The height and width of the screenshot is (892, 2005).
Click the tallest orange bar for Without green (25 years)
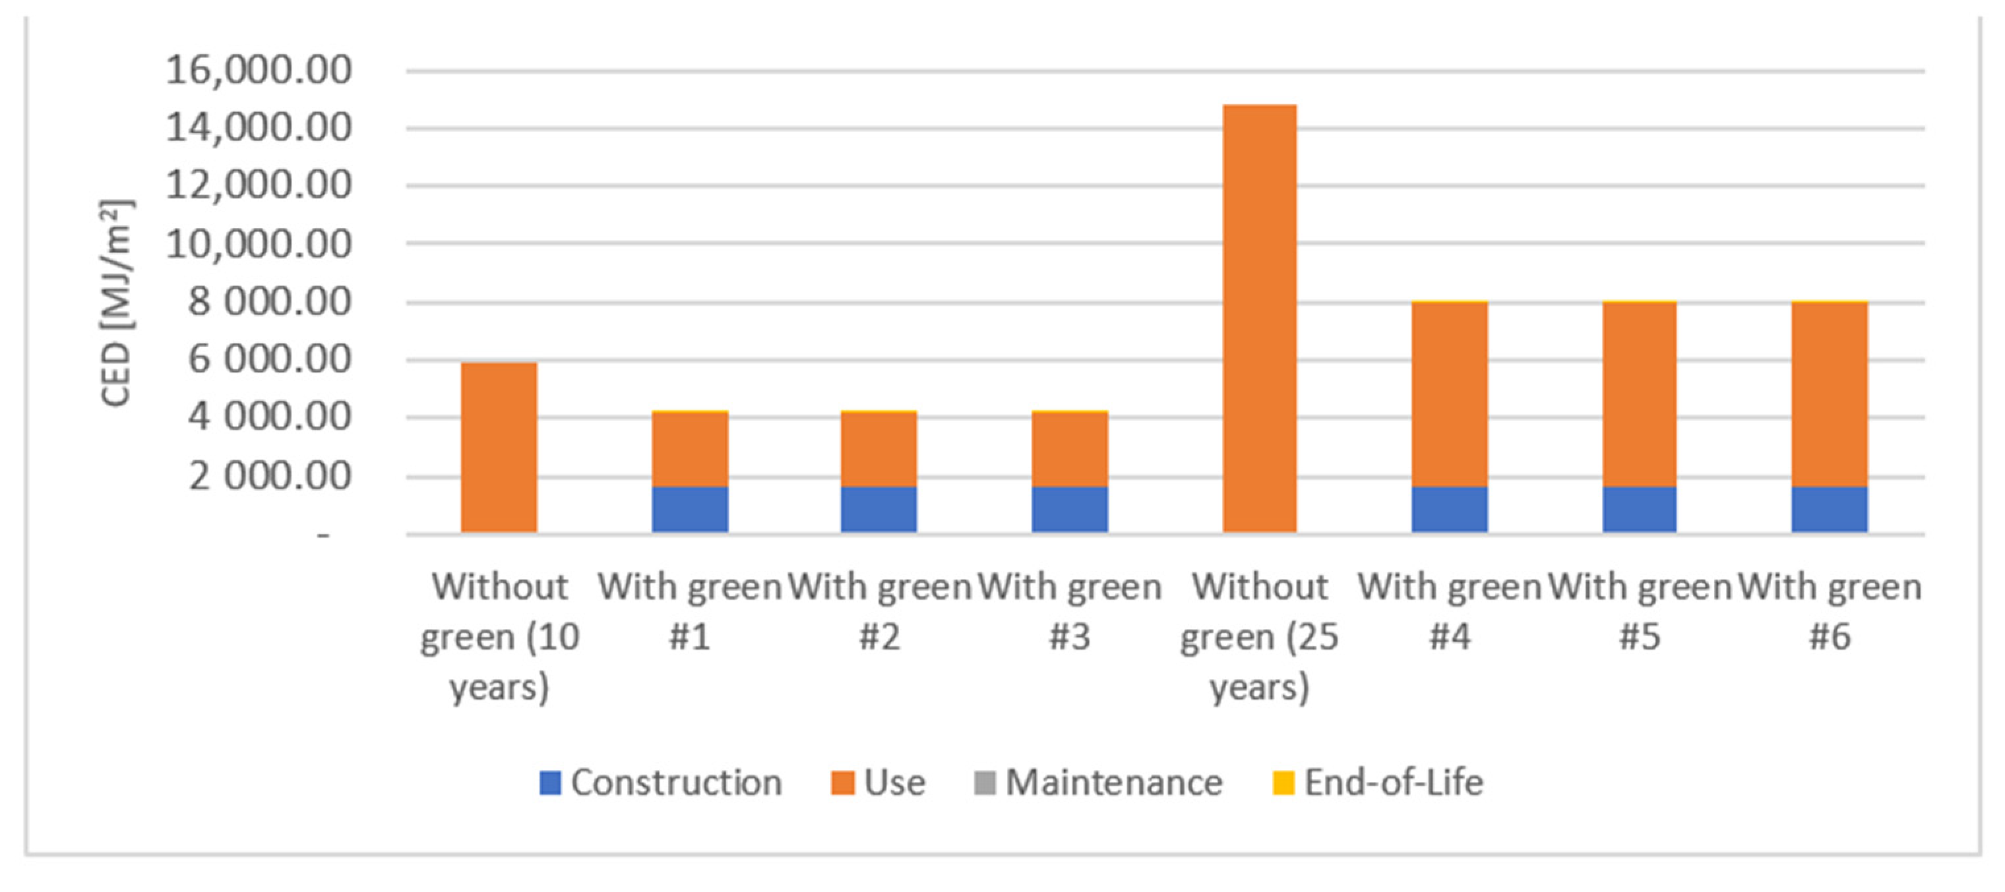tap(1259, 319)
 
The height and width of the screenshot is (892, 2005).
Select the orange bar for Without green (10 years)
tap(499, 448)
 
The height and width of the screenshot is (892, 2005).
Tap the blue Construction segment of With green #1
tap(690, 510)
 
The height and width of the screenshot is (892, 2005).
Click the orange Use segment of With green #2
tap(879, 449)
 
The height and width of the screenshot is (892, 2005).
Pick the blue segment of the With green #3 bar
tap(1069, 510)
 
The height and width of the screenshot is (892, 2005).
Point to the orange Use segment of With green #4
tap(1449, 395)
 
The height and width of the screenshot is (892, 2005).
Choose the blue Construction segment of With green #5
tap(1639, 510)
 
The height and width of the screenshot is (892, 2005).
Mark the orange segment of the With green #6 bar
tap(1829, 395)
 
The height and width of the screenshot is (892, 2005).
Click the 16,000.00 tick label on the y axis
tap(259, 70)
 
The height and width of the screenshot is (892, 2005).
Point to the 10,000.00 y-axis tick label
tap(259, 245)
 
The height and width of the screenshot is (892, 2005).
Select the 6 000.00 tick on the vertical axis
tap(269, 359)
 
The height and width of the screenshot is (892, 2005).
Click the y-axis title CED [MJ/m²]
tap(117, 303)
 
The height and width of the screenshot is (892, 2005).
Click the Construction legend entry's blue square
tap(550, 783)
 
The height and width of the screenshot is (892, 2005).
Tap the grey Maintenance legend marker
tap(985, 783)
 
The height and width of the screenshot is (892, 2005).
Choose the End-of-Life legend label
tap(1393, 783)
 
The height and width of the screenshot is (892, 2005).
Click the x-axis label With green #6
tap(1829, 611)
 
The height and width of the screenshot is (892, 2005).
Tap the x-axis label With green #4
tap(1449, 611)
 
